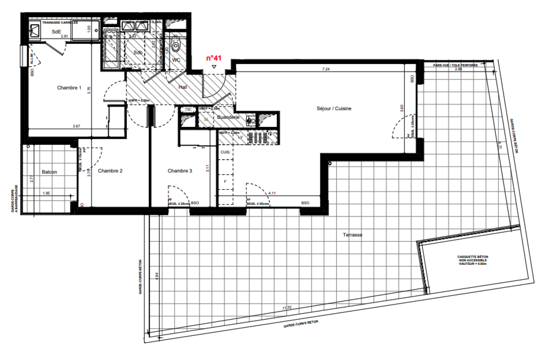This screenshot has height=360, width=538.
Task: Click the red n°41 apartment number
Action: (x=214, y=58)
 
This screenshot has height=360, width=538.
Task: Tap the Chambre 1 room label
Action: (x=69, y=88)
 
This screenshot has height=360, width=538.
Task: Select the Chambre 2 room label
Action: (x=110, y=171)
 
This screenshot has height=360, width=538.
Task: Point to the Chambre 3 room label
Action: (x=180, y=171)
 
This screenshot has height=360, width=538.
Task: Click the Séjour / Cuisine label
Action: (x=334, y=109)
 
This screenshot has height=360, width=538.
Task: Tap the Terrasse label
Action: (x=352, y=235)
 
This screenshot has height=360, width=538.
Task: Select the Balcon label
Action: (x=49, y=172)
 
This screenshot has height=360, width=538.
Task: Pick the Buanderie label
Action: (x=228, y=117)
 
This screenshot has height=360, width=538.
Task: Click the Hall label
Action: (x=183, y=87)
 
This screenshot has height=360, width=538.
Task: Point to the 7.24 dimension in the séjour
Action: (x=326, y=69)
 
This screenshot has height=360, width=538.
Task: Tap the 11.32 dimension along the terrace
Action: (x=287, y=308)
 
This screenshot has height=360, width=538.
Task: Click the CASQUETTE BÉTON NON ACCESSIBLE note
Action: (x=472, y=260)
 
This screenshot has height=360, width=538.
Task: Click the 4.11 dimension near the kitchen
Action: (x=272, y=193)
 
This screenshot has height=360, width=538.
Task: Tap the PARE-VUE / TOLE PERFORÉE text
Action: (x=455, y=65)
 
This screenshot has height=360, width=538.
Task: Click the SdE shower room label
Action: (x=56, y=32)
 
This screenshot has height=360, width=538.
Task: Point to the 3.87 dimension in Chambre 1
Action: (x=76, y=126)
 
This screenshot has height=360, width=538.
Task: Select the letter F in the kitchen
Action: (x=225, y=182)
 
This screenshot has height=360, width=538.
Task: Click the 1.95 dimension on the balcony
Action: (x=46, y=193)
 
